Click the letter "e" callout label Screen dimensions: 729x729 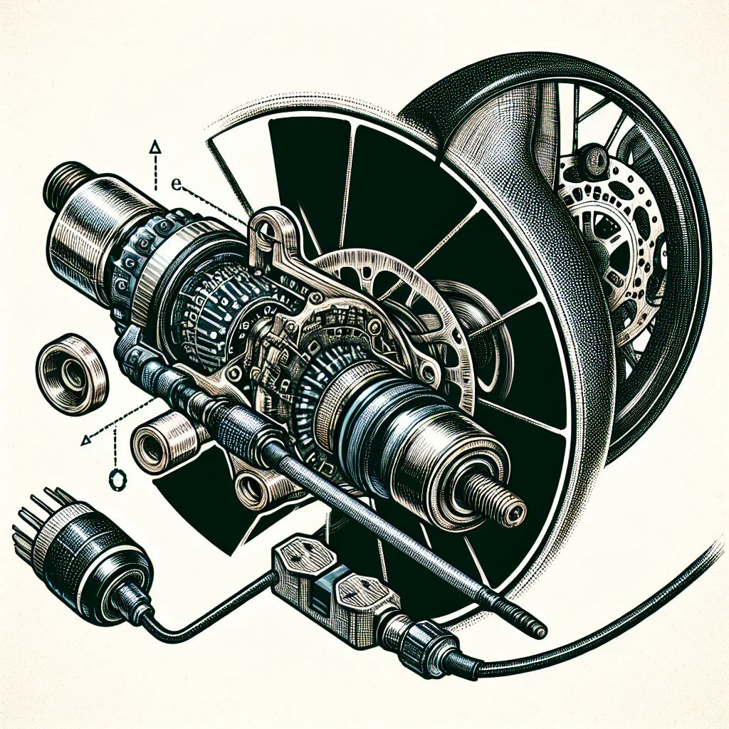point(177,183)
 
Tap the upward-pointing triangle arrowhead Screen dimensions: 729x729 point(154,147)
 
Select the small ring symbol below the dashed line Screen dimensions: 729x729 point(115,478)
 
